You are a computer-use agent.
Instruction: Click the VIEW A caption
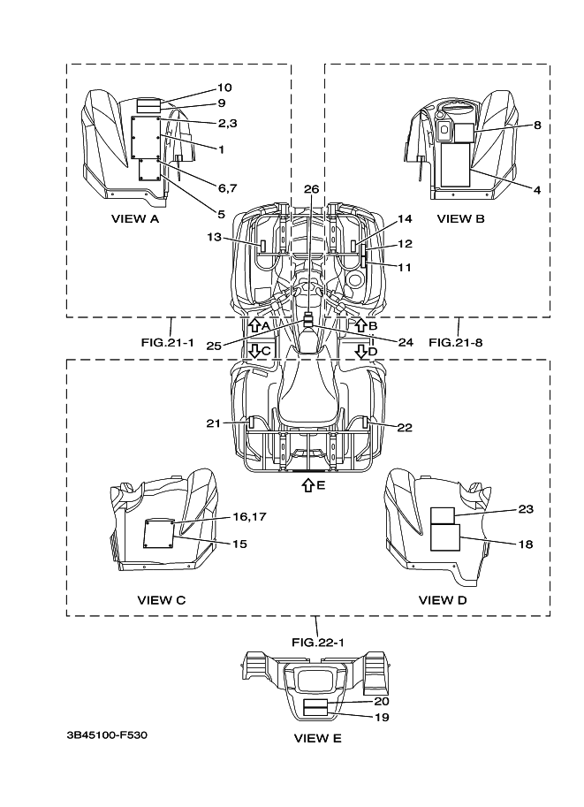point(135,218)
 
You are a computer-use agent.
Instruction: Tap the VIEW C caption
point(161,600)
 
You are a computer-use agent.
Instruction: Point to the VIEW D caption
point(443,600)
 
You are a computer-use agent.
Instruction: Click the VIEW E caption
point(317,737)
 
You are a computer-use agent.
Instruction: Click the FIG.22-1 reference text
point(316,642)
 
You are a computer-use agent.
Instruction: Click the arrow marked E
point(307,484)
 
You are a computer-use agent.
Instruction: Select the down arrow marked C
point(254,350)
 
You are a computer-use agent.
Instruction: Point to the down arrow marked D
point(360,350)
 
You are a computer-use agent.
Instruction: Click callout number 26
point(311,189)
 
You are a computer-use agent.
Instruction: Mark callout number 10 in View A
point(224,88)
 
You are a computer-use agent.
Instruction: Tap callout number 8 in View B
point(537,125)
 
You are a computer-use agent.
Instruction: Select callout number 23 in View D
point(527,509)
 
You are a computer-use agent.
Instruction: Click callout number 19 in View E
point(382,717)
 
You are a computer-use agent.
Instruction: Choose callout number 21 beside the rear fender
point(213,424)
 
